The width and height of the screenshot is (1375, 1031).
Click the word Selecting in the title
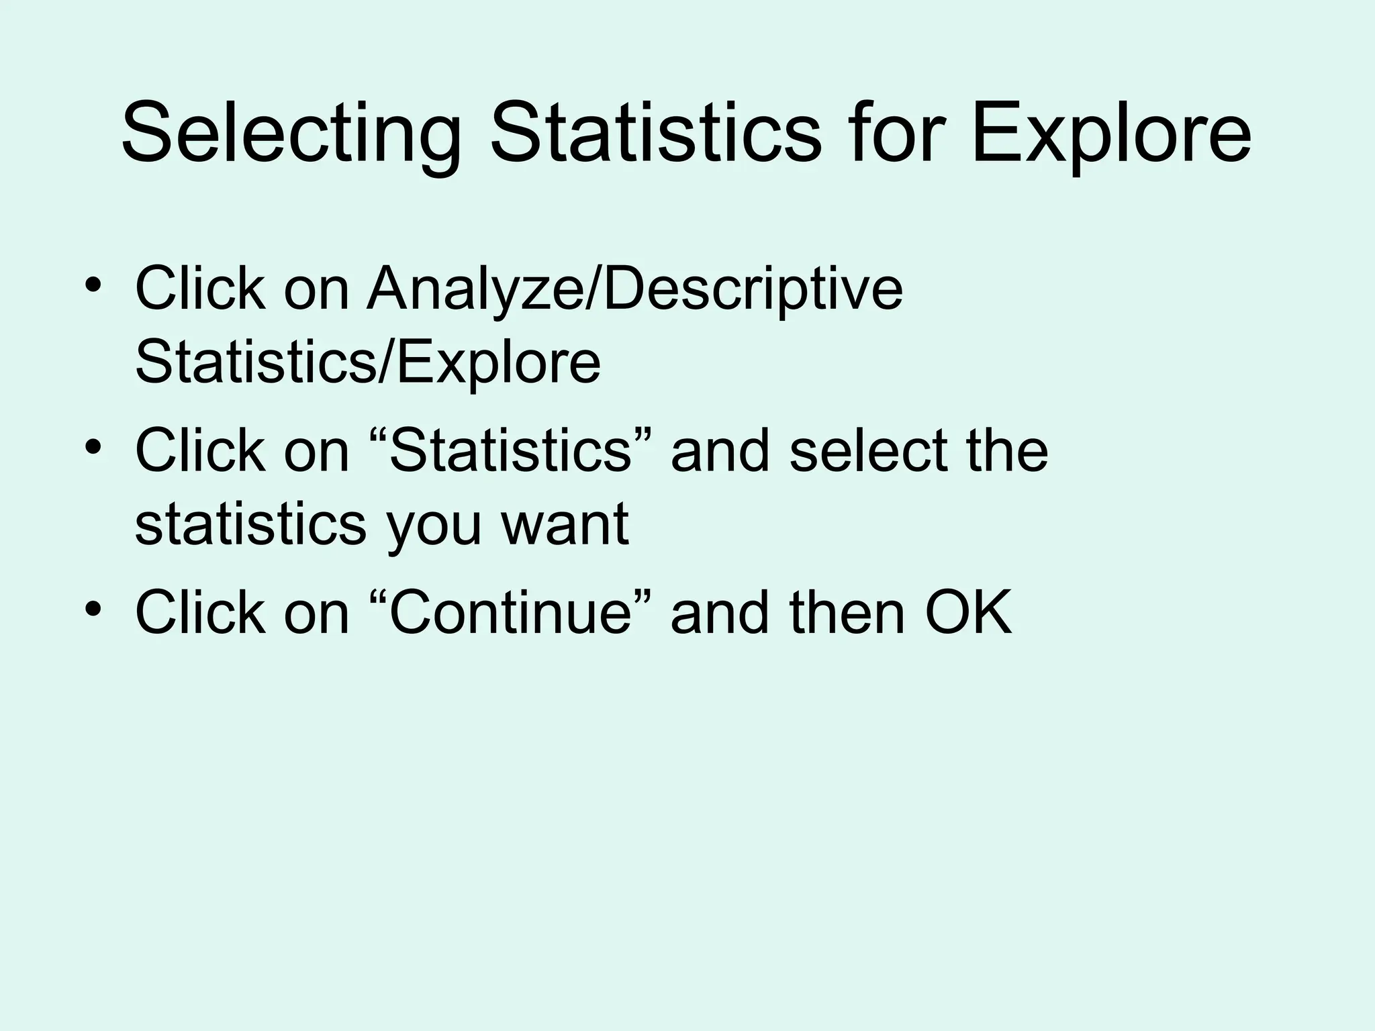[292, 132]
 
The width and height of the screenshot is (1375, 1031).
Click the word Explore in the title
[1110, 132]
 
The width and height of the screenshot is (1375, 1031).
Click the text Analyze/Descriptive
[634, 289]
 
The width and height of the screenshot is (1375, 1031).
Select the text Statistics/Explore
[367, 362]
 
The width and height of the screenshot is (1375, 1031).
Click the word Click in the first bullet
[199, 289]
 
